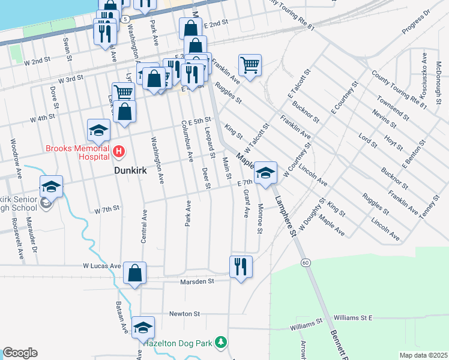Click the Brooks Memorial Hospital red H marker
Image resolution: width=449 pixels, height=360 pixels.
point(118,152)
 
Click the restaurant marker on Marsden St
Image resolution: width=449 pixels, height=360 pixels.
point(241,266)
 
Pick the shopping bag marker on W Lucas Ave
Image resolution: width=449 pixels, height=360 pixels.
point(135,274)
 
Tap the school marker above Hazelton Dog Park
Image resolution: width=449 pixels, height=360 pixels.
point(143,328)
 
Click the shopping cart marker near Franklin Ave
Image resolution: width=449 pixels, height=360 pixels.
point(249,64)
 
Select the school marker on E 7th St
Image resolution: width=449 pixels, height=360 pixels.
point(264,173)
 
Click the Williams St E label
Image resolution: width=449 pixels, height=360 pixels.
point(354,317)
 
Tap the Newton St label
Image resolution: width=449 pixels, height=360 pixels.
point(184,314)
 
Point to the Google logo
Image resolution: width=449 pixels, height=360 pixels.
point(20,353)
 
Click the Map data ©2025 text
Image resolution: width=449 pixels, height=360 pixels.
point(423,355)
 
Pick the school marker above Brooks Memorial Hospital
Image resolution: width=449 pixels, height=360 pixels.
point(98,130)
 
